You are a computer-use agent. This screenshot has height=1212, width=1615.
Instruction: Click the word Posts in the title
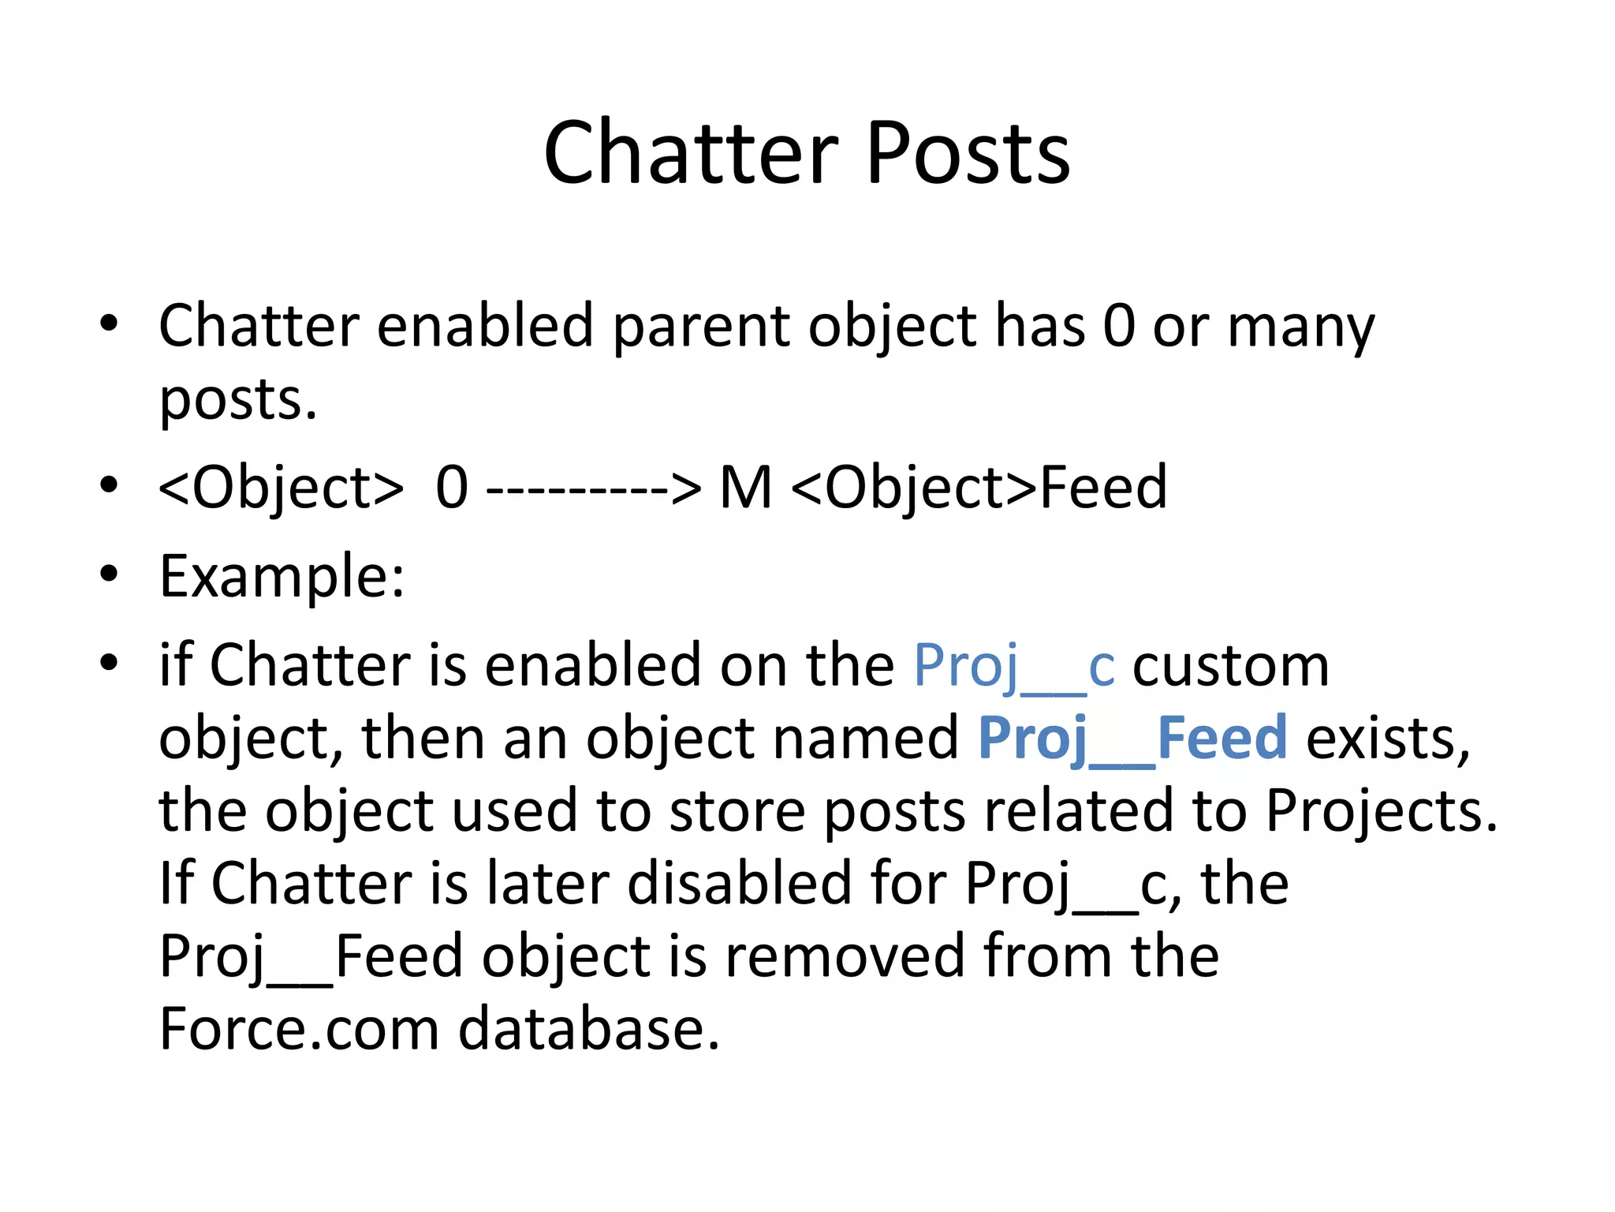[968, 153]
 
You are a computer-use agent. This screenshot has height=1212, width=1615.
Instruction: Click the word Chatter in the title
[691, 153]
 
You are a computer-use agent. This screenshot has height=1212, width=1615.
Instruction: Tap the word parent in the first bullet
[700, 327]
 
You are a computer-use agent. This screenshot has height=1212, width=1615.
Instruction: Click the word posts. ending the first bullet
[237, 401]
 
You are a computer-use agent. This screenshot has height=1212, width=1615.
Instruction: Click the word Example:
[282, 577]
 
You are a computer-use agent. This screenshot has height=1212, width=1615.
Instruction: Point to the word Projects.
[1381, 812]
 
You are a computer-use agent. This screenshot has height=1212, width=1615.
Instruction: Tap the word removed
[844, 956]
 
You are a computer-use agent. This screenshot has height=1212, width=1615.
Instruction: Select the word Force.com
[299, 1029]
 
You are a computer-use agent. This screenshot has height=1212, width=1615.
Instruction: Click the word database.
[589, 1029]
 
